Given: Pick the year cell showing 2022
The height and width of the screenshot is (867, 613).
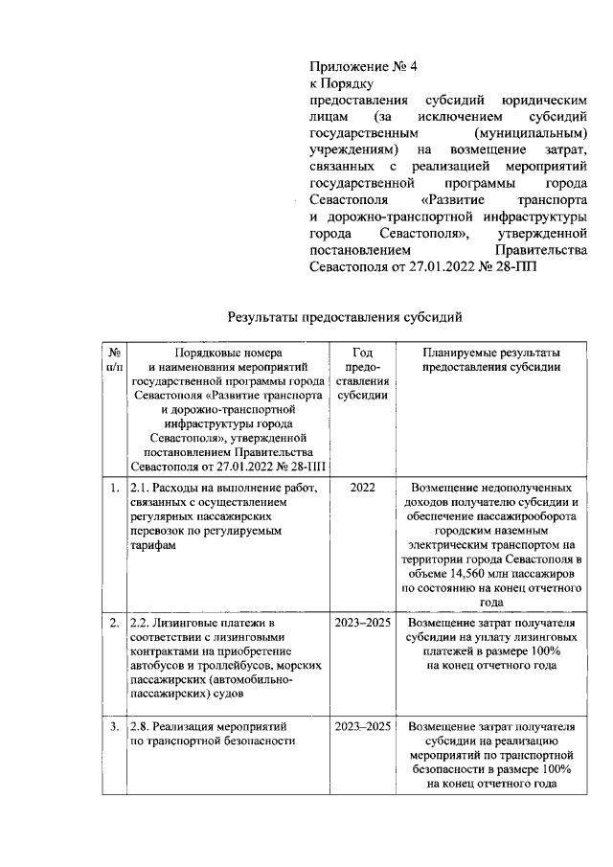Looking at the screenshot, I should point(362,487).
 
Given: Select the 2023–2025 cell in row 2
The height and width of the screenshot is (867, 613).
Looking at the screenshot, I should point(362,621).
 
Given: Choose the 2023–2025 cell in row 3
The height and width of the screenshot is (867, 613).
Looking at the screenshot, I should point(362,725).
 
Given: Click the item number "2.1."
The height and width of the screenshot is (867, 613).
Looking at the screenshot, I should point(142,487).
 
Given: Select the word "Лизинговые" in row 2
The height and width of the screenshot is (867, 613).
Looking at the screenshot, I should point(192,621).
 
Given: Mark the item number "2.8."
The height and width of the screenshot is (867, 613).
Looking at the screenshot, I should point(142,725).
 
